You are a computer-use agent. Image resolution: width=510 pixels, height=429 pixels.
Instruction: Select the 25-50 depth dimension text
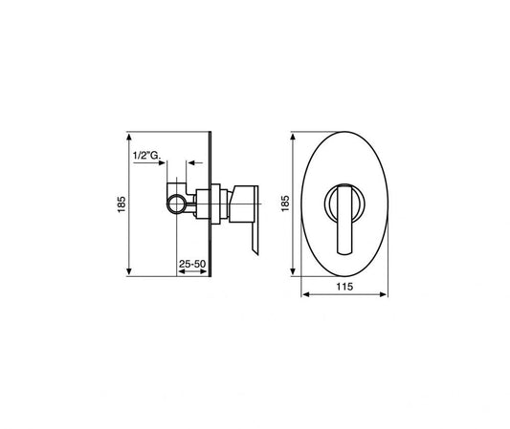(191, 262)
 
